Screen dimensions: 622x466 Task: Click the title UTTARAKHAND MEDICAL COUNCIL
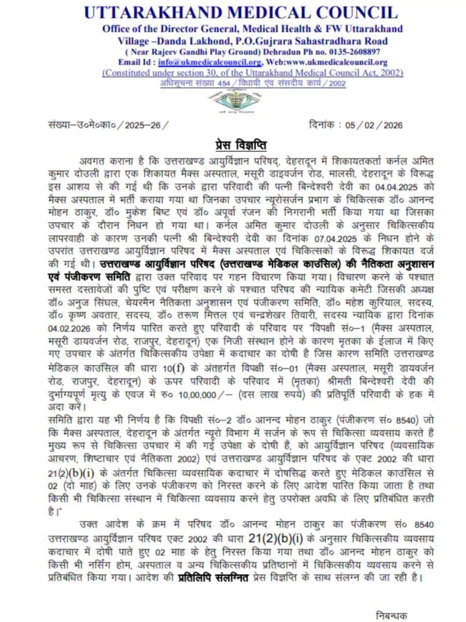click(x=241, y=12)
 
